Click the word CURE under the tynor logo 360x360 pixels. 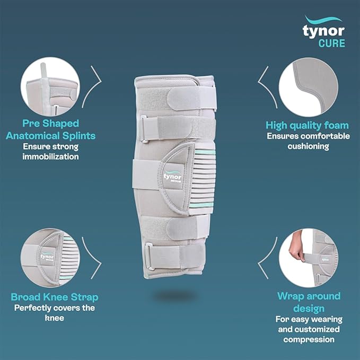pos(331,43)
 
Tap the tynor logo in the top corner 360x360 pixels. pos(324,28)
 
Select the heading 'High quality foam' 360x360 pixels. pos(307,125)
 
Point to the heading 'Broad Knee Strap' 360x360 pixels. pos(55,297)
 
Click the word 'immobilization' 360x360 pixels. pos(50,156)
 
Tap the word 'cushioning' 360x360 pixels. pos(309,146)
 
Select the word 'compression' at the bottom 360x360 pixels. pos(309,339)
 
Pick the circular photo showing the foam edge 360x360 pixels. pos(309,87)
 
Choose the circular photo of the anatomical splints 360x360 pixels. pos(50,86)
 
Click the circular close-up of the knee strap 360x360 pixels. pos(50,258)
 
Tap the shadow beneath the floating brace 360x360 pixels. pos(175,296)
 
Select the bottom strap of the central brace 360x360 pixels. pos(174,257)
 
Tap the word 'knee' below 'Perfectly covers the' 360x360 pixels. pos(55,318)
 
